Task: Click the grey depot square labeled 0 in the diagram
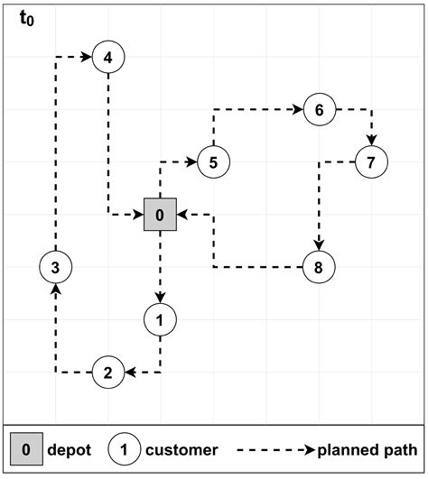(x=160, y=215)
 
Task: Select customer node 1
(x=160, y=319)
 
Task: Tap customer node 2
(x=107, y=372)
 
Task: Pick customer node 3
(x=55, y=267)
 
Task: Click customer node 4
(x=107, y=58)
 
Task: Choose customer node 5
(x=213, y=162)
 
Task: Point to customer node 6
(x=319, y=110)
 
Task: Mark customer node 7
(x=370, y=162)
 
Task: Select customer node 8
(x=318, y=267)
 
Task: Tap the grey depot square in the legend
(x=26, y=449)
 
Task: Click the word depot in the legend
(x=69, y=449)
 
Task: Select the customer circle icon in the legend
(x=124, y=449)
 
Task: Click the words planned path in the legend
(x=366, y=449)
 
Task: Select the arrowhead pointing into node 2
(x=129, y=372)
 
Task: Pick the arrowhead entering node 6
(x=297, y=110)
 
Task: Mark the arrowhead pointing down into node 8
(x=318, y=244)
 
